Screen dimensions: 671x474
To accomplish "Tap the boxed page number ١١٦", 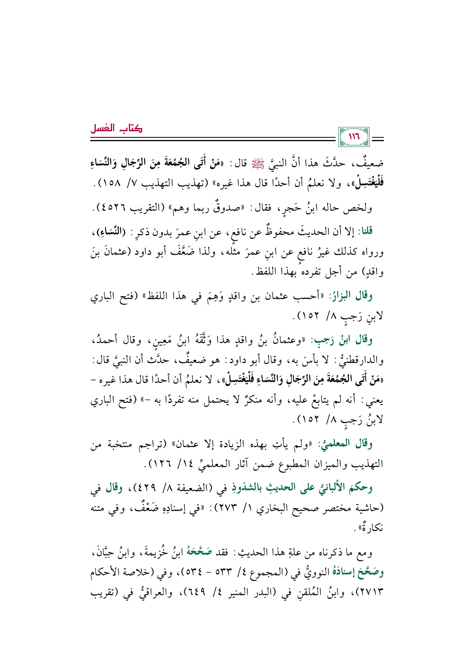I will pos(354,137).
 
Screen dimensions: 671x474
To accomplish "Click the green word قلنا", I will pos(364,231).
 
